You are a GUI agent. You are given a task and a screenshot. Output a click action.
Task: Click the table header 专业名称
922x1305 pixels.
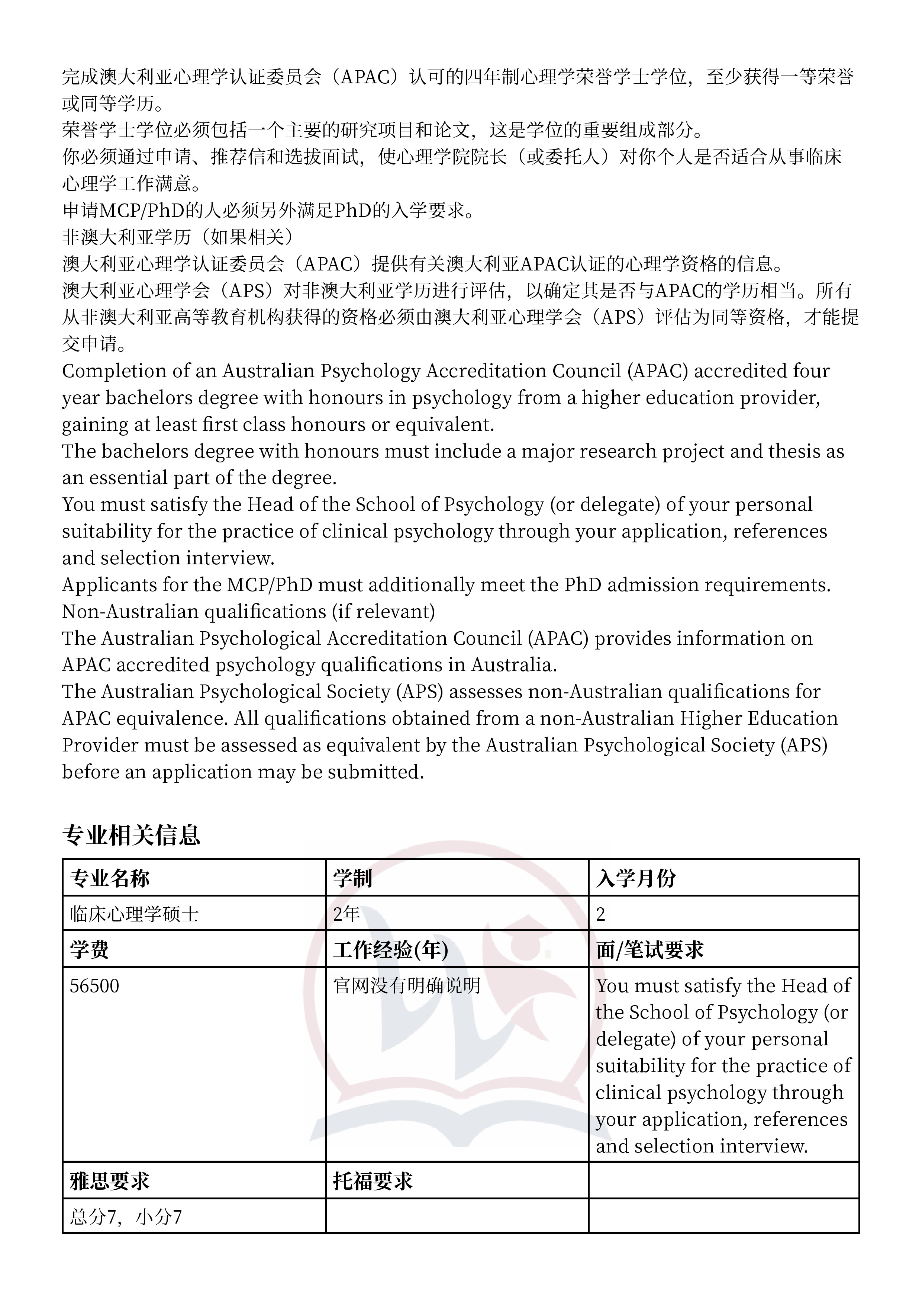pyautogui.click(x=110, y=879)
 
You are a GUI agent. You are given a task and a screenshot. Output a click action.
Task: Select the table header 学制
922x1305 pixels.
pyautogui.click(x=352, y=879)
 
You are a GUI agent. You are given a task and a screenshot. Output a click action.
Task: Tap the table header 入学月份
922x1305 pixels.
pyautogui.click(x=636, y=879)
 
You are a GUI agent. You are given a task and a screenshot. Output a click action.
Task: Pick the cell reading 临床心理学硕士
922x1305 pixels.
pyautogui.click(x=134, y=914)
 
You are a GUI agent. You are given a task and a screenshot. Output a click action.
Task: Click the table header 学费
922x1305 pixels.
pyautogui.click(x=90, y=950)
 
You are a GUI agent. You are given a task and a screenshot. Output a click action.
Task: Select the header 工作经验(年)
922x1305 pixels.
pyautogui.click(x=390, y=950)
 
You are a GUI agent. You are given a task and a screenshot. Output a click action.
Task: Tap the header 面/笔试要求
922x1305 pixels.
pyautogui.click(x=649, y=950)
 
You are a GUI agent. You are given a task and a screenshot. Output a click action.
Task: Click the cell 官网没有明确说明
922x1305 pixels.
pyautogui.click(x=407, y=985)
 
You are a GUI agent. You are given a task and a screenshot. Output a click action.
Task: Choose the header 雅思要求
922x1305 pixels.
pyautogui.click(x=110, y=1181)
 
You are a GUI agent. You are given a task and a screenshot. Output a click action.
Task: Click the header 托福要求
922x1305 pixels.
pyautogui.click(x=373, y=1181)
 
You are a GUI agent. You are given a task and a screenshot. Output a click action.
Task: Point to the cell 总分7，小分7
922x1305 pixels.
pyautogui.click(x=126, y=1217)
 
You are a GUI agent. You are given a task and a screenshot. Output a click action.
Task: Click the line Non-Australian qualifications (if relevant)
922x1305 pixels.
pyautogui.click(x=248, y=612)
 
